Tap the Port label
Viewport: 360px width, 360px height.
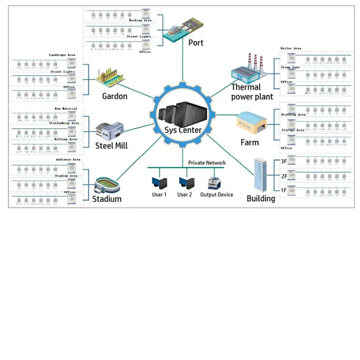196,43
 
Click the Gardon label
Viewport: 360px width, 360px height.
115,96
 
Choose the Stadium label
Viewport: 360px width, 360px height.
107,198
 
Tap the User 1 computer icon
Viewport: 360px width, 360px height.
159,182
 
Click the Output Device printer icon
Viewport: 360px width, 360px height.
214,183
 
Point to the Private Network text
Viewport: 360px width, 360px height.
207,163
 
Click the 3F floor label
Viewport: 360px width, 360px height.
283,161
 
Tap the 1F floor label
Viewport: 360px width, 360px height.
283,190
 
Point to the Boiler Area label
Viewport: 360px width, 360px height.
291,48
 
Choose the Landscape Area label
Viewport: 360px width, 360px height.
62,55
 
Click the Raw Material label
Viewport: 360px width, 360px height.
66,108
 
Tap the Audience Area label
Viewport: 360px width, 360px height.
68,160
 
